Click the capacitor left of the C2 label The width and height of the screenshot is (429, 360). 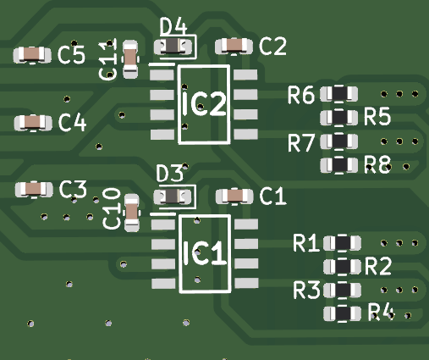[233, 46]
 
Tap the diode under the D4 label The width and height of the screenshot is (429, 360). [173, 47]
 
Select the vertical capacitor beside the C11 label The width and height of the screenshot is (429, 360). [130, 58]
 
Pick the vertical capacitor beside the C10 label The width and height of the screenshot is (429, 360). [132, 213]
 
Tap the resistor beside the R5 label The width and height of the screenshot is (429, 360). [338, 116]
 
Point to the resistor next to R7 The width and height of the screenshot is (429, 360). [339, 141]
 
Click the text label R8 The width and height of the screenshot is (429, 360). [377, 165]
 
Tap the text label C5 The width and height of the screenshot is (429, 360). [72, 56]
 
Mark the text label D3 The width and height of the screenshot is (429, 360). [170, 174]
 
